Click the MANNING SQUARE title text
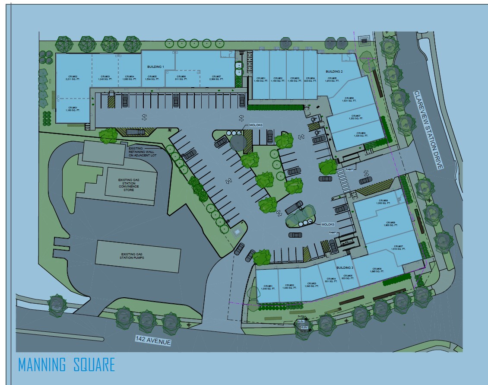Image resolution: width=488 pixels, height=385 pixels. click(x=67, y=365)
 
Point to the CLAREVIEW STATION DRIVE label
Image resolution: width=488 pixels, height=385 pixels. click(x=428, y=130)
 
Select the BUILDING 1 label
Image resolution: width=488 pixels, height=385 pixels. click(x=155, y=67)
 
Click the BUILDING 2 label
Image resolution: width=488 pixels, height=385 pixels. click(x=334, y=71)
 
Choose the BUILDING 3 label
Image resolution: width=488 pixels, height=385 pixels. click(x=345, y=268)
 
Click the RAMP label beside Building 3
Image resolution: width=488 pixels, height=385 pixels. click(x=333, y=232)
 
